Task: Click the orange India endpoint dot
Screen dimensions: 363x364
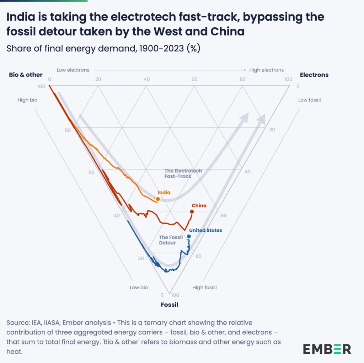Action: pos(158,199)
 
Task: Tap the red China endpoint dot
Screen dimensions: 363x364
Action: pos(192,212)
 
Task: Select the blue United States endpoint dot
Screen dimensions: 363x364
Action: pos(189,236)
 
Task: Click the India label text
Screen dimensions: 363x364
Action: pos(164,193)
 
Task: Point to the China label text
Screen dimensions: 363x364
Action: pos(199,206)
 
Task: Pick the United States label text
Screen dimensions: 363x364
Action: pos(205,230)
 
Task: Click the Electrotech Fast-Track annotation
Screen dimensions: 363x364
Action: pos(183,173)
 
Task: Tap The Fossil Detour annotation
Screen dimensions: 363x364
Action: pos(171,240)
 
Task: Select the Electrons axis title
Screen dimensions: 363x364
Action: pos(314,75)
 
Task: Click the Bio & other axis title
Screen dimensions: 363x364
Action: pos(26,75)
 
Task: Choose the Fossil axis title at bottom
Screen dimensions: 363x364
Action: pos(169,305)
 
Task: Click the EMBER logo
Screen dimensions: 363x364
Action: pos(327,349)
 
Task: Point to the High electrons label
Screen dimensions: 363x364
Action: pos(266,70)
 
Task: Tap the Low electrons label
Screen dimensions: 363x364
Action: pos(73,70)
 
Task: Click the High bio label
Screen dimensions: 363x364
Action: pos(27,100)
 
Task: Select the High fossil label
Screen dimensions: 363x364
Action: pos(204,287)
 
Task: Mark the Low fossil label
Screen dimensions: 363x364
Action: pos(309,100)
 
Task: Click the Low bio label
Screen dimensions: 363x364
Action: pos(139,287)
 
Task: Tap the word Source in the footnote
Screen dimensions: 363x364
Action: pos(18,323)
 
